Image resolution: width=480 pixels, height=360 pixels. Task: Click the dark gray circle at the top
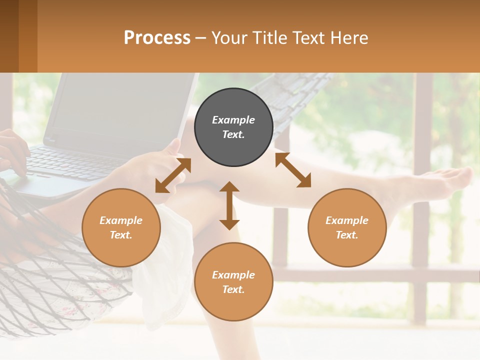[x=233, y=127]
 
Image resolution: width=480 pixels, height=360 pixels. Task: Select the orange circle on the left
[x=121, y=227]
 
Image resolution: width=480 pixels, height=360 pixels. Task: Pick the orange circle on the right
[x=347, y=227]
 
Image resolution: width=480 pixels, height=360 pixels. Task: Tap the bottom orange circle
[x=233, y=281]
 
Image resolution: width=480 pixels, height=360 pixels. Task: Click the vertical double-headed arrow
[x=229, y=205]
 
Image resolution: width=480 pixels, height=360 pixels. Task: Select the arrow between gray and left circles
[x=173, y=175]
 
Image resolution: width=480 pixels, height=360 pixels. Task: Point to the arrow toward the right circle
[x=293, y=170]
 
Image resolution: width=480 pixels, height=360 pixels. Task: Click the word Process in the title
[x=157, y=37]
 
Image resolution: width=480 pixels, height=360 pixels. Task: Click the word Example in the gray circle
[x=233, y=120]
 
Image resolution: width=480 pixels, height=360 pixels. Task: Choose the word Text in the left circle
[x=121, y=235]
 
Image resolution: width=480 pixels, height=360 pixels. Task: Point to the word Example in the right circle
[x=347, y=220]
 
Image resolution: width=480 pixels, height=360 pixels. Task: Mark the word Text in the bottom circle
[x=233, y=289]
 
